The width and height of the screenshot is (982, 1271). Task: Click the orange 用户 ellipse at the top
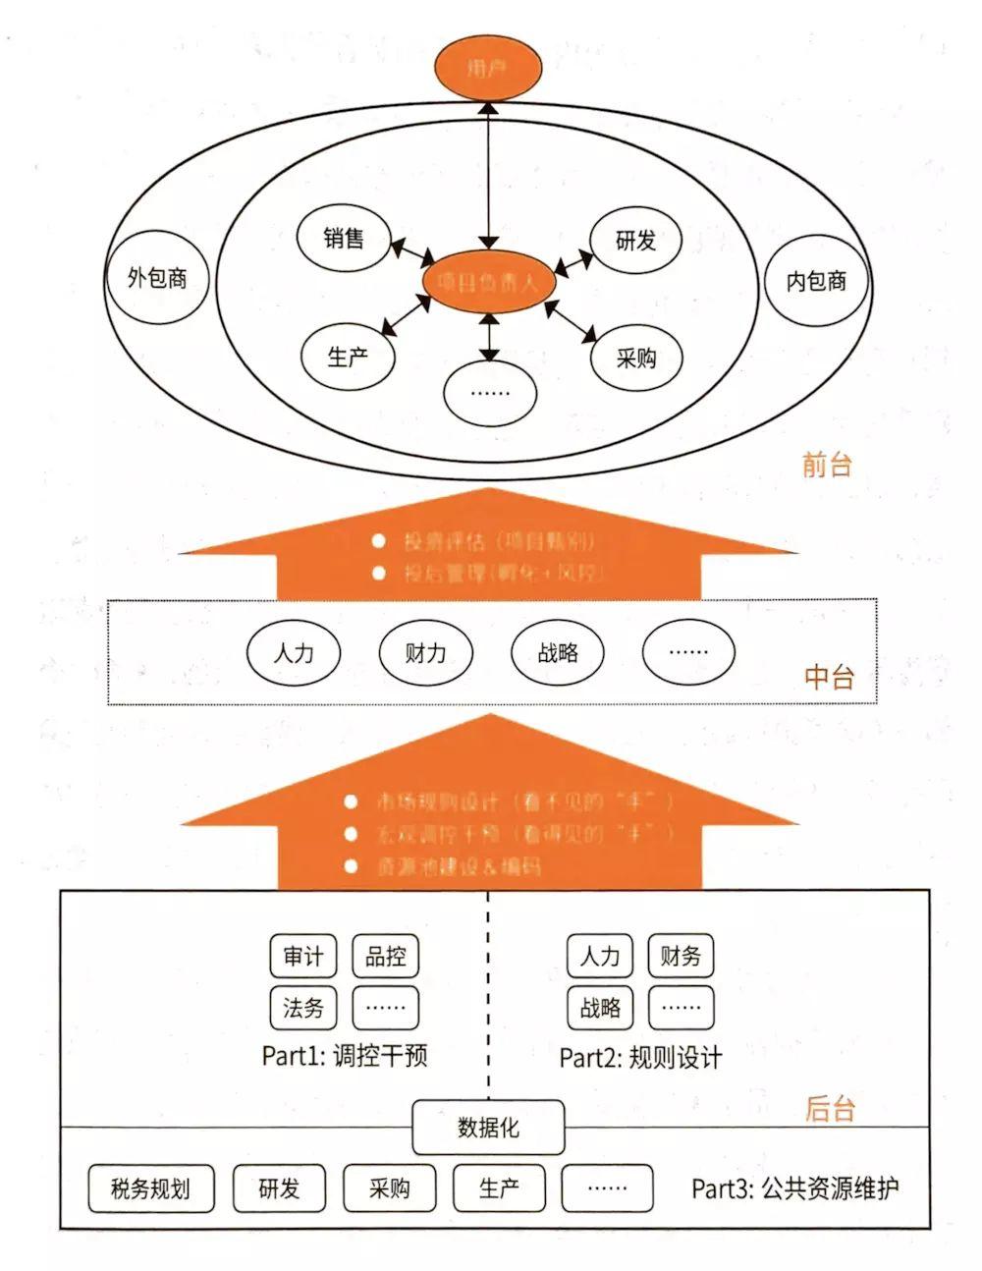[x=488, y=69]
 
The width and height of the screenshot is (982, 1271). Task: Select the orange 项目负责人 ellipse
[x=488, y=284]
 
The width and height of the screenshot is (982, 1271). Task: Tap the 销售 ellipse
[x=343, y=239]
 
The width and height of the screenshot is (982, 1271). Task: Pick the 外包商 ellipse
[x=157, y=278]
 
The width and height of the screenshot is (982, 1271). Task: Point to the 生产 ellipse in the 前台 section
[x=348, y=357]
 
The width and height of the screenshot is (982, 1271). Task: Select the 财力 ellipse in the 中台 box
[x=425, y=652]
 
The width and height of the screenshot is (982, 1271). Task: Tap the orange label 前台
[x=827, y=465]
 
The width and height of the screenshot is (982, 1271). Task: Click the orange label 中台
[x=829, y=677]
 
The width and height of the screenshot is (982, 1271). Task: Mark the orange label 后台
[x=830, y=1109]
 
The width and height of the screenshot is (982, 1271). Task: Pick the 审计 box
[x=302, y=956]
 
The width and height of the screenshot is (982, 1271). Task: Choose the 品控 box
[x=385, y=956]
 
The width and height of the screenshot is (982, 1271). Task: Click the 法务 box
[x=302, y=1007]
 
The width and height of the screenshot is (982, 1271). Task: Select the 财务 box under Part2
[x=681, y=956]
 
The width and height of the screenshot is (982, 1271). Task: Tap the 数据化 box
[x=488, y=1128]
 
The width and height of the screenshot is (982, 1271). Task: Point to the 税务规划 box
[x=150, y=1188]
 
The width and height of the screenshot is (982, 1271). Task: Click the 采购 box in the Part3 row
[x=389, y=1188]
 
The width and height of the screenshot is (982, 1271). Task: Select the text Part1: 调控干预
[x=345, y=1056]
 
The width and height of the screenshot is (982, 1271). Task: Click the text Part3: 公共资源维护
[x=794, y=1188]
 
